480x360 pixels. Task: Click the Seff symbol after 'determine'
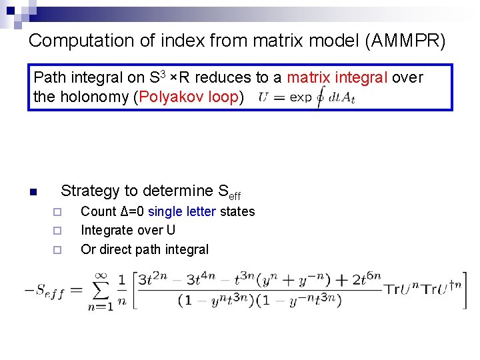pos(229,193)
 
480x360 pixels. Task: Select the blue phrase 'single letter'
pos(181,211)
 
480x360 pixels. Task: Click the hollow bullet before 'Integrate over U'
pos(57,231)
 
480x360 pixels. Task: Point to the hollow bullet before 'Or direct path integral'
pos(57,250)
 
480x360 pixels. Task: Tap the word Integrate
pos(109,231)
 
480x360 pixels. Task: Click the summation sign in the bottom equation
pos(101,291)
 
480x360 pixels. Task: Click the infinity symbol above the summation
pos(101,274)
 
